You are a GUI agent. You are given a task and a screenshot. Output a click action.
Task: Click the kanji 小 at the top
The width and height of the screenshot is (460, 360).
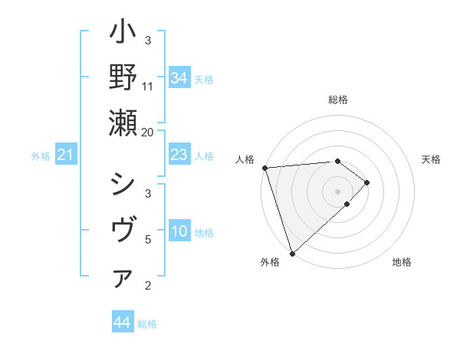(123, 34)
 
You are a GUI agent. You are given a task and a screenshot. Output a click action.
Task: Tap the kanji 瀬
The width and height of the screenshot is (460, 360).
(123, 123)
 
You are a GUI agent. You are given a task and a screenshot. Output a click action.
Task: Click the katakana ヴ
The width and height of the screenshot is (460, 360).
(123, 231)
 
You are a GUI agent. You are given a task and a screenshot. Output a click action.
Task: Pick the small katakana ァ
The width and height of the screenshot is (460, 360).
(123, 280)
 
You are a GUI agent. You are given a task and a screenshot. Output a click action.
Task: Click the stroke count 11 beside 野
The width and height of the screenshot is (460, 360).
(148, 86)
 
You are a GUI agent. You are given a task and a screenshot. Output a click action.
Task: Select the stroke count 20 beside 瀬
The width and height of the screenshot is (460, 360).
(148, 132)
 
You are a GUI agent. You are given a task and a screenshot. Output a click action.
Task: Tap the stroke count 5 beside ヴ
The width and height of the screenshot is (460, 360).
(148, 239)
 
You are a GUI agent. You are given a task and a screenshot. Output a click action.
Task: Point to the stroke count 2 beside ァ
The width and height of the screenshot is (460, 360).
(148, 286)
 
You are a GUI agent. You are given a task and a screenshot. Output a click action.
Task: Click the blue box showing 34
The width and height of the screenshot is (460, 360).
(179, 78)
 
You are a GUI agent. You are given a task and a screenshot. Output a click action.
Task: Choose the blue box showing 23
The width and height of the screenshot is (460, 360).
(179, 155)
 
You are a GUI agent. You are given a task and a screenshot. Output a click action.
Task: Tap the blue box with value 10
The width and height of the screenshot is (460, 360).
(179, 231)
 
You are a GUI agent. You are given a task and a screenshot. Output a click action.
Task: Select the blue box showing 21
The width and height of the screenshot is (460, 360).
(66, 155)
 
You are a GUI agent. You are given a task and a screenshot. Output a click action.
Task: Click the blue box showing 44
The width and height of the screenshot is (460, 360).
(122, 322)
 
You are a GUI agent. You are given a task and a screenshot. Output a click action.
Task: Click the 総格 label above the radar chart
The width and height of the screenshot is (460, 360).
(338, 100)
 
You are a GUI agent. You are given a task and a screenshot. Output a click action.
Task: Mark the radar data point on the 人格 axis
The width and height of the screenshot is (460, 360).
(264, 168)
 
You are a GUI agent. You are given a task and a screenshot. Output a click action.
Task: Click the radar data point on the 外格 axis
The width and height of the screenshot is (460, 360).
(292, 253)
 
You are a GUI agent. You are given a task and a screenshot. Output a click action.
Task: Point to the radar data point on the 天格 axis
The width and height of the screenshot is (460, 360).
(367, 182)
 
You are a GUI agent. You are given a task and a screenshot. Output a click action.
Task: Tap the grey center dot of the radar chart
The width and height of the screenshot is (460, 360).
(338, 191)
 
